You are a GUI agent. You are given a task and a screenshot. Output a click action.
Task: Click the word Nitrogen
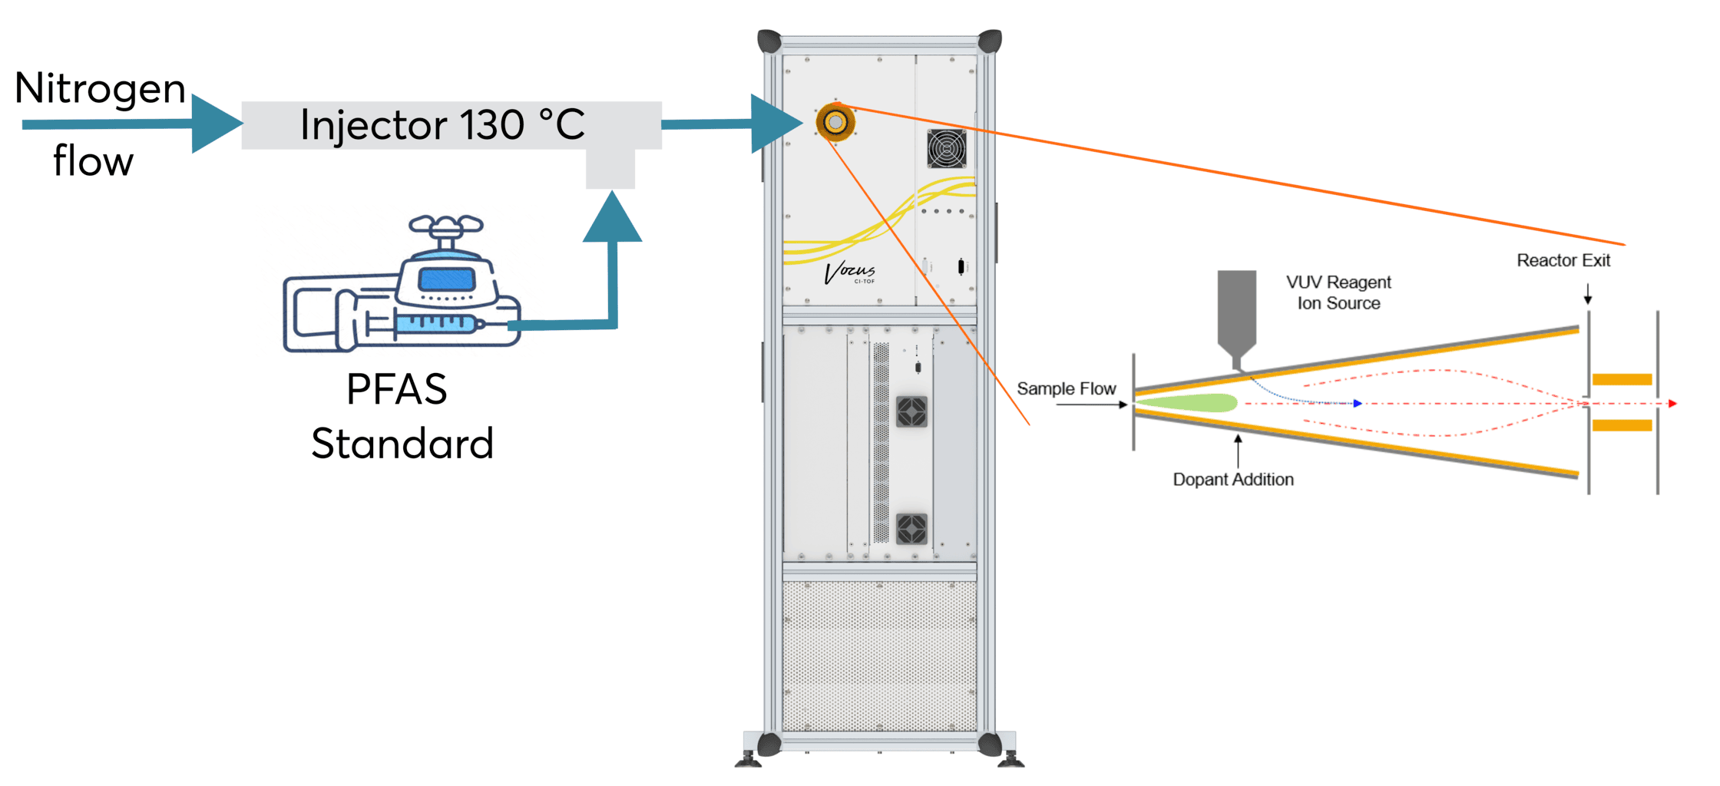(100, 90)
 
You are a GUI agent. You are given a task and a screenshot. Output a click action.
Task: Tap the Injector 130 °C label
(442, 125)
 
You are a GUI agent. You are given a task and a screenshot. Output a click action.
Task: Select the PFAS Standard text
(400, 416)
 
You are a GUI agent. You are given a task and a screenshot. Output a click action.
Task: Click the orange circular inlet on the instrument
(835, 122)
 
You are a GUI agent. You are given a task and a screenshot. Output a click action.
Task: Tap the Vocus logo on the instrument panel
(850, 272)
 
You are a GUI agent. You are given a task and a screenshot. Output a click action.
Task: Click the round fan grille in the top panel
(946, 148)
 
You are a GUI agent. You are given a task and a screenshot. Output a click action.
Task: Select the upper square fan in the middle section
(911, 412)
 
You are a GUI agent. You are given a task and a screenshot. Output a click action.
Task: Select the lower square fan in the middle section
(911, 529)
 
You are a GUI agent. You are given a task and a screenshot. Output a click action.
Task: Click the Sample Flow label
(1066, 389)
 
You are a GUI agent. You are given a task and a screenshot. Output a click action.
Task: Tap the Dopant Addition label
(1232, 480)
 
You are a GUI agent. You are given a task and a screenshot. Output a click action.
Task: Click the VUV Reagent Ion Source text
(1338, 293)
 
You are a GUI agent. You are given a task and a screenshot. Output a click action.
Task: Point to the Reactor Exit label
(1563, 261)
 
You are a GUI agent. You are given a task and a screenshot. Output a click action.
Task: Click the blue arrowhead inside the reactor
(1358, 403)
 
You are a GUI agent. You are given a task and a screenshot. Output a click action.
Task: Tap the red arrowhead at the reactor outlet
(1672, 403)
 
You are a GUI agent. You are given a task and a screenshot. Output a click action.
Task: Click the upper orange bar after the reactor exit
(1621, 379)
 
